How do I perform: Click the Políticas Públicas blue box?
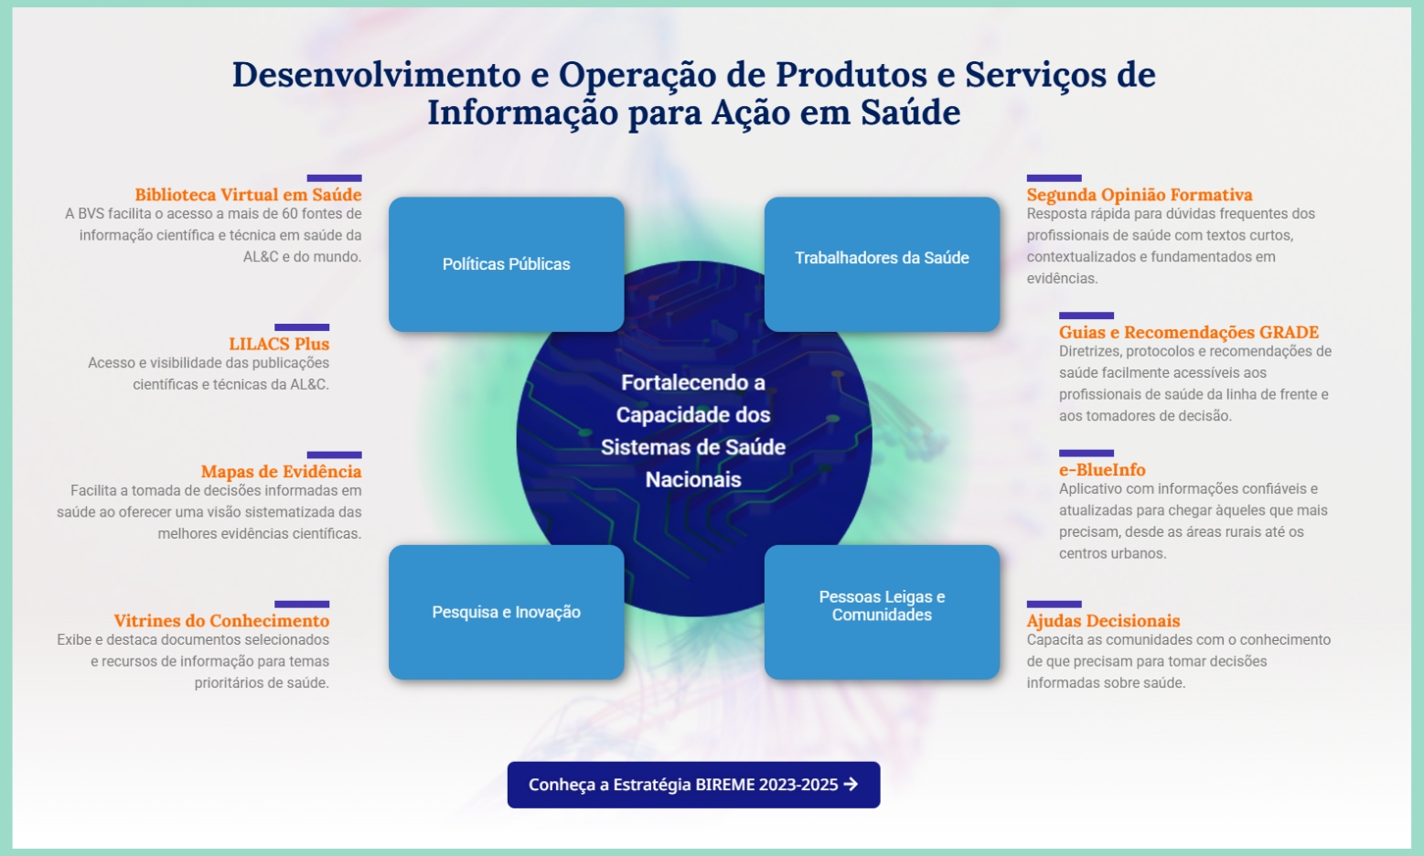[506, 263]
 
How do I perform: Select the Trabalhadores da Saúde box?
[882, 263]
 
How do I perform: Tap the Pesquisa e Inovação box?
[506, 612]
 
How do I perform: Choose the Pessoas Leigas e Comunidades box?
[882, 612]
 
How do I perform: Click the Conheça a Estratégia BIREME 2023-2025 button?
[693, 785]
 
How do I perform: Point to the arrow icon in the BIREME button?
[851, 785]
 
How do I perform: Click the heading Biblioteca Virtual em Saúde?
[248, 195]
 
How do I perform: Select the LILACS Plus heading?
[279, 344]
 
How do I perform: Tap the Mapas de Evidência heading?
[281, 472]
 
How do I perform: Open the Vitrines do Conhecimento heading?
[221, 620]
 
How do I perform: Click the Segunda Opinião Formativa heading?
[1140, 195]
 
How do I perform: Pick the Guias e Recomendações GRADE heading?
[1189, 332]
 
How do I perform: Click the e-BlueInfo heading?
[1102, 470]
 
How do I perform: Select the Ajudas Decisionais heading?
[1103, 620]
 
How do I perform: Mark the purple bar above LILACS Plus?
[302, 327]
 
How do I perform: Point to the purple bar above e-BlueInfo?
[1087, 453]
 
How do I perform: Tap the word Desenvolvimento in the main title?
[376, 74]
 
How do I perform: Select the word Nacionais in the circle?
[693, 479]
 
